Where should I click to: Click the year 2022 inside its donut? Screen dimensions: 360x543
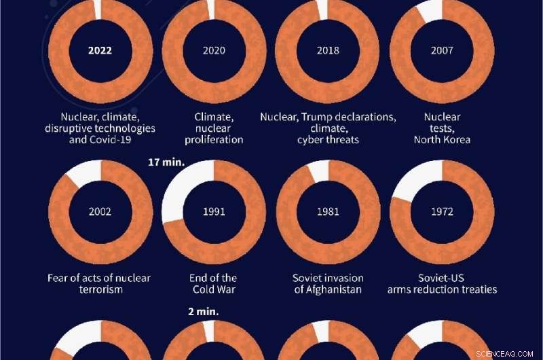click(x=100, y=50)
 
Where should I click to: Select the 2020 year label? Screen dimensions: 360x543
click(x=214, y=50)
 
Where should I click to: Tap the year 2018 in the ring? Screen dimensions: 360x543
click(x=328, y=50)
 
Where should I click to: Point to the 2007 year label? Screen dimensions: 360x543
click(x=441, y=50)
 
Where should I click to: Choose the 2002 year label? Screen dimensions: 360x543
click(x=100, y=211)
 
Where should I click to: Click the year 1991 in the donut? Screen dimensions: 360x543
click(x=214, y=211)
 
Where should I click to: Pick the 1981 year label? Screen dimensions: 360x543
click(x=328, y=211)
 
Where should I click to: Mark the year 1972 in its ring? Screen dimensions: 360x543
click(x=441, y=211)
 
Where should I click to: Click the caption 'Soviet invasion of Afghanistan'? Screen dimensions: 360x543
click(x=328, y=284)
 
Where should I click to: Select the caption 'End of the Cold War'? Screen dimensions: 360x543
click(x=214, y=284)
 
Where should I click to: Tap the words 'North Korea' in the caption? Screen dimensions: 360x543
click(x=441, y=140)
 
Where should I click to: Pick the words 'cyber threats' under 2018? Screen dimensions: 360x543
click(x=328, y=140)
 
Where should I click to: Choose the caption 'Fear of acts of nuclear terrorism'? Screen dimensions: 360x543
click(x=100, y=284)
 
